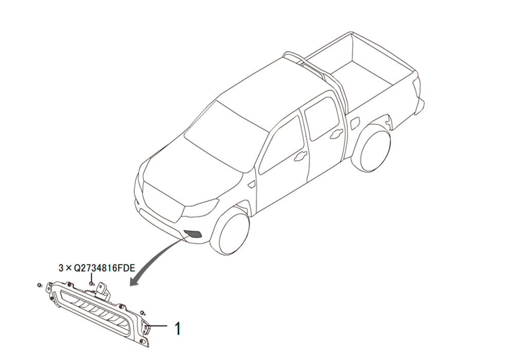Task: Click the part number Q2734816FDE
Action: (x=104, y=268)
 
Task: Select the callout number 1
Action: (x=178, y=329)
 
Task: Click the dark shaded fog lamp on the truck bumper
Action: (x=193, y=234)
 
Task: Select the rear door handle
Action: (x=337, y=133)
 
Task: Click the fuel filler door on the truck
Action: (x=355, y=124)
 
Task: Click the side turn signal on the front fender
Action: (x=252, y=184)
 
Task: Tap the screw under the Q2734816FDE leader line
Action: (x=91, y=283)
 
